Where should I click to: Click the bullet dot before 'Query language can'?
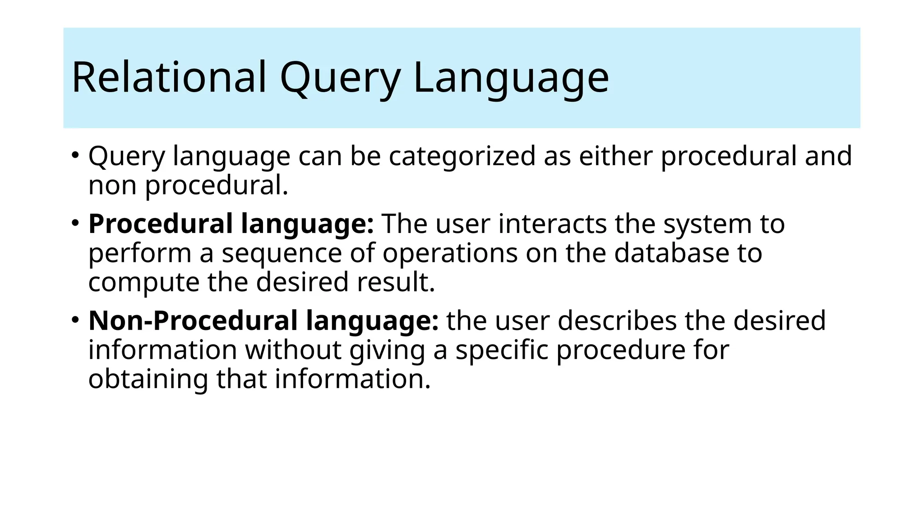click(75, 155)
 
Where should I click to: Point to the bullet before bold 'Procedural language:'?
click(75, 223)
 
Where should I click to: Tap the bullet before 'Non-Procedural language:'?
click(75, 320)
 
